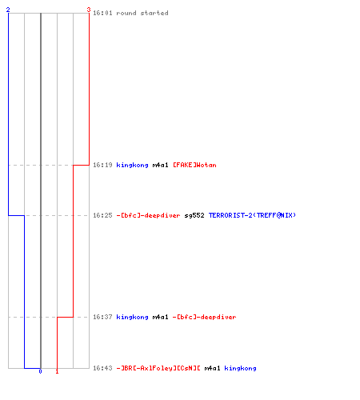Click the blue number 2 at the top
click(8, 10)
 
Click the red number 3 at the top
click(89, 10)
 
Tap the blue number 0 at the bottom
click(40, 371)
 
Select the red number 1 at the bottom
click(57, 371)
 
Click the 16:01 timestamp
click(102, 13)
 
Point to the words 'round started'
click(142, 13)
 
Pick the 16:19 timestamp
click(102, 165)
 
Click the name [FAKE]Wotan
click(194, 165)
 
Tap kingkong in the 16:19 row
click(132, 165)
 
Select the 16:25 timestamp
click(102, 215)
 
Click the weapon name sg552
click(194, 215)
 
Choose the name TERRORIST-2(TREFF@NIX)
click(252, 215)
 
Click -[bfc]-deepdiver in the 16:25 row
click(148, 215)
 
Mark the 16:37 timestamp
click(102, 317)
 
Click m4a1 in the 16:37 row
click(160, 317)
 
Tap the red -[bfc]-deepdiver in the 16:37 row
click(204, 317)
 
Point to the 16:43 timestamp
click(102, 368)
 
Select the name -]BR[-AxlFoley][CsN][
click(158, 368)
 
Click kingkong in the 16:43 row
click(240, 368)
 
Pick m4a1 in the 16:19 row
click(160, 165)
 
